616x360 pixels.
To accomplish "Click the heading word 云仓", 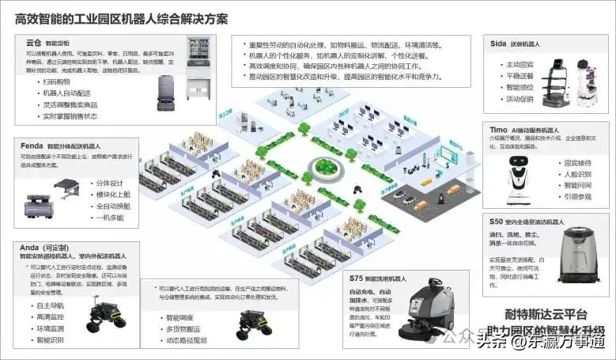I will click(33, 43).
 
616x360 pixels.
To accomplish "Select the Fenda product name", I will click(32, 146).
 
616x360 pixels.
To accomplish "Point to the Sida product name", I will click(499, 44).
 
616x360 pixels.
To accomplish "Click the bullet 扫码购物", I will click(59, 81).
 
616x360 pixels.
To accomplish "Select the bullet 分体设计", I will click(111, 182).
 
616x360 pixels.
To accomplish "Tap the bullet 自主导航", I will click(52, 305).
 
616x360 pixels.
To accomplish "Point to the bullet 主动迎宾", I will click(521, 64).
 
